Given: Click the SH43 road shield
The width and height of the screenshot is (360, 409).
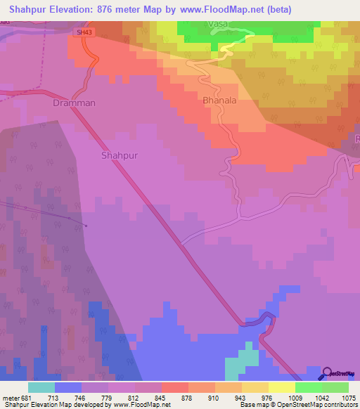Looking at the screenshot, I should [x=85, y=32].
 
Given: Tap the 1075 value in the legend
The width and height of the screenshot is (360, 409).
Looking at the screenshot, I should [x=348, y=398].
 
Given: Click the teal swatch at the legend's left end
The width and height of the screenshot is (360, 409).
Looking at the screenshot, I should [x=41, y=387].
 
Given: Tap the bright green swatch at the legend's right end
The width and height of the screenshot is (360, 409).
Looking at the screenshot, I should [x=335, y=387].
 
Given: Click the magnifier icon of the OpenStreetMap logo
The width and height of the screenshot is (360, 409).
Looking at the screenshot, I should [x=326, y=374].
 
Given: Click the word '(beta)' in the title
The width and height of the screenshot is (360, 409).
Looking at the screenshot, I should [x=274, y=9].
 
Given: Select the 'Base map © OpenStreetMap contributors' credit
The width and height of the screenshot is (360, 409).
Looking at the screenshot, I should [x=297, y=405].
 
